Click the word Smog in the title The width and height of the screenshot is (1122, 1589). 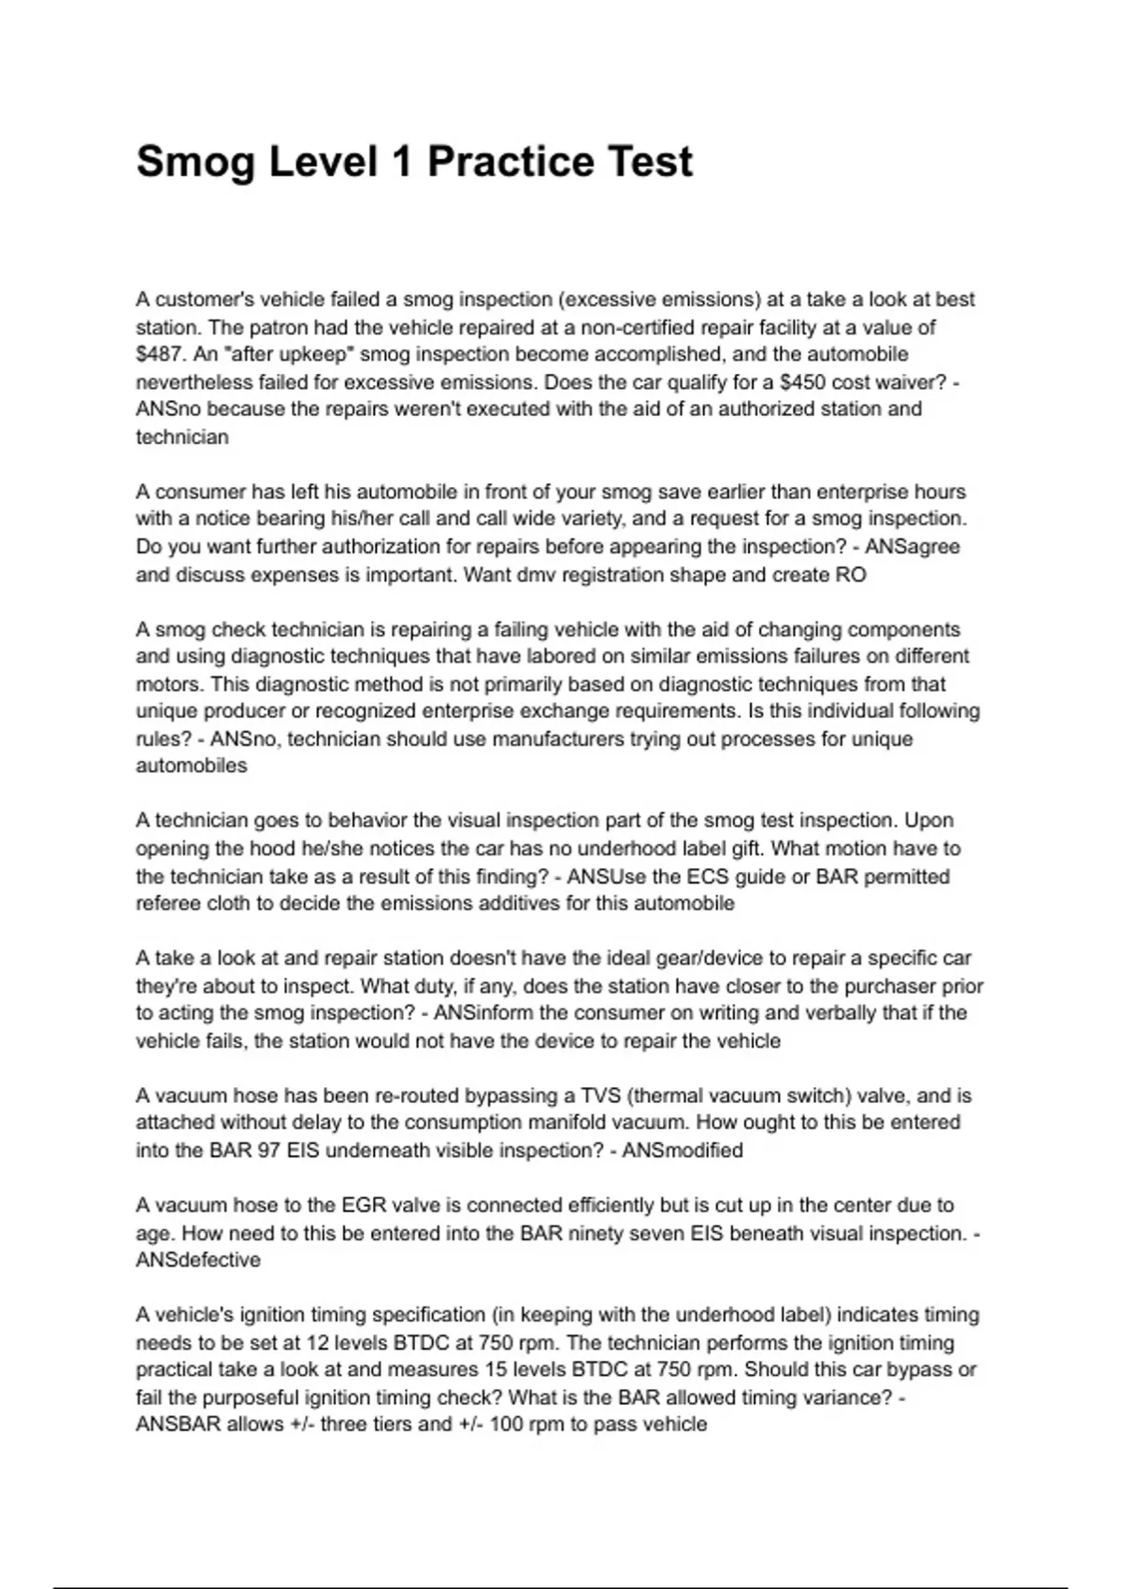(195, 162)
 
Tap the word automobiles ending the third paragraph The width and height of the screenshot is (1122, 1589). (192, 766)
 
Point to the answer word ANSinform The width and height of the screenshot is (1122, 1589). (484, 1012)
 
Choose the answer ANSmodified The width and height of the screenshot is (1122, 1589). (683, 1150)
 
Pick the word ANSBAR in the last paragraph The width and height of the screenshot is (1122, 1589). (177, 1424)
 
